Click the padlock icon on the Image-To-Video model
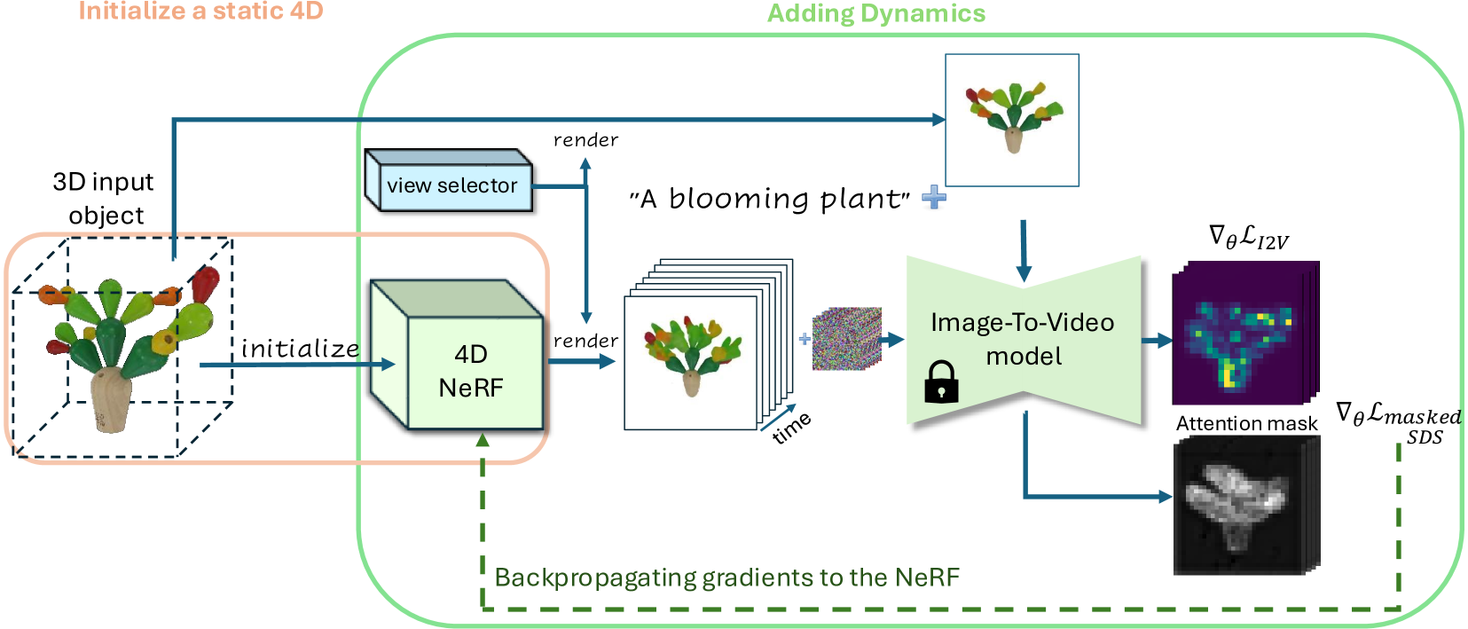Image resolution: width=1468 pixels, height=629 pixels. [941, 381]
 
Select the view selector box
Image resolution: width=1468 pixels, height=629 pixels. [449, 180]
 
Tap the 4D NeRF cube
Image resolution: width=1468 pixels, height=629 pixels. [457, 355]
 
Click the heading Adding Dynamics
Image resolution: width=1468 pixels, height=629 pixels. [876, 13]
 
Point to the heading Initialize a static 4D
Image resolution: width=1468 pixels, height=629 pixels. [201, 11]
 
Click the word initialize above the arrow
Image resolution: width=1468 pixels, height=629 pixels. [300, 348]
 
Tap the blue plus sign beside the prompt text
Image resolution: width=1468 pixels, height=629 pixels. [934, 197]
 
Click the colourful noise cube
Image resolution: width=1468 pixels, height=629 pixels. [847, 338]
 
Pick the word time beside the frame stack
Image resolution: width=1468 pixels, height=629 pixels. [792, 428]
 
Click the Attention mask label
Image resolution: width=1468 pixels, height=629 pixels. [1246, 423]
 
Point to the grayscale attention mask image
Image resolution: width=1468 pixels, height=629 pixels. [1246, 506]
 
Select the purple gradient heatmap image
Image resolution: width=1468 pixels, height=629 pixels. [1245, 333]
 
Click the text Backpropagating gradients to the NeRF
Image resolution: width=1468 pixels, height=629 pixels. [726, 578]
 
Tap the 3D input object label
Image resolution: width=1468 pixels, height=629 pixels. [104, 199]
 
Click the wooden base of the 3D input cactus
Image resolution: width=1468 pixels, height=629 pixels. [111, 400]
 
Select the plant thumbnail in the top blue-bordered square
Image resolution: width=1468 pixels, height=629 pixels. [1013, 116]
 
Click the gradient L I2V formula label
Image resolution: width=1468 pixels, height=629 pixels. [1248, 237]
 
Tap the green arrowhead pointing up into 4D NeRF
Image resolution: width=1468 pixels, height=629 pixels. [483, 440]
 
